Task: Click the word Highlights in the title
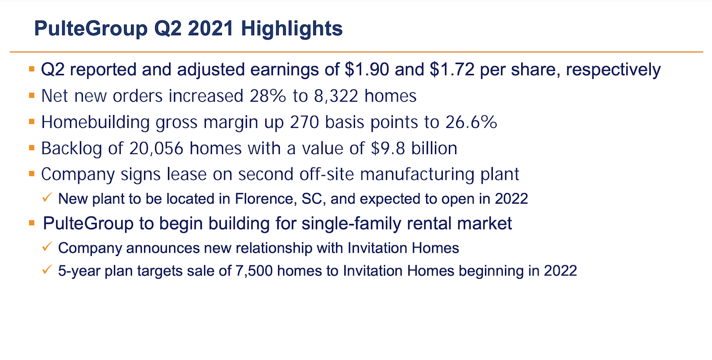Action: pos(292,29)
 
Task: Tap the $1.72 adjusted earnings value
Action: pos(452,70)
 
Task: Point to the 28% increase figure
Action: pos(268,96)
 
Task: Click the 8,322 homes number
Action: pos(336,96)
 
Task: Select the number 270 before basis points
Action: pos(304,122)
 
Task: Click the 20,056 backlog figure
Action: pos(156,148)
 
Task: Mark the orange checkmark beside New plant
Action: pos(47,197)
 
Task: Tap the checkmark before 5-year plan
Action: pos(47,269)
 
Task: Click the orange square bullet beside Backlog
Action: pos(32,147)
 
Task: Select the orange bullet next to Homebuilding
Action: pos(32,121)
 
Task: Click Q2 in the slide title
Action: pos(168,29)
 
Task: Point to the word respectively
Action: pos(613,70)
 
